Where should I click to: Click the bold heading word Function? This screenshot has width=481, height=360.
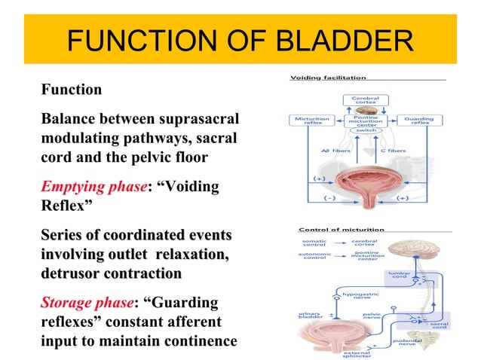[x=72, y=90]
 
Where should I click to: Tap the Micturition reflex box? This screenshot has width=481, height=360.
[x=308, y=121]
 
